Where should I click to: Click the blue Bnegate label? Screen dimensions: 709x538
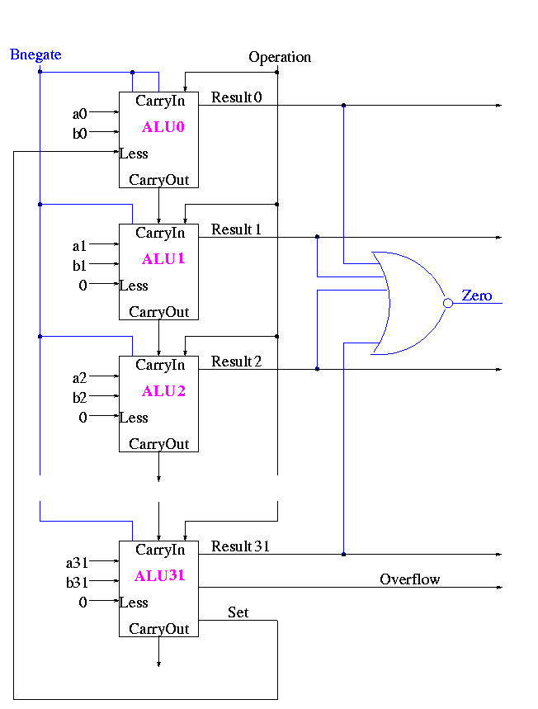[35, 55]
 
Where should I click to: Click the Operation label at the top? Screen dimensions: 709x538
[280, 57]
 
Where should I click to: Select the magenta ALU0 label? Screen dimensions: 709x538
[163, 127]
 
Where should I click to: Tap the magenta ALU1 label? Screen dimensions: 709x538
[163, 259]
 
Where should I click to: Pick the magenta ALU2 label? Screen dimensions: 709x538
[163, 391]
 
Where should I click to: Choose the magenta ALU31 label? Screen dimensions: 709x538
[160, 576]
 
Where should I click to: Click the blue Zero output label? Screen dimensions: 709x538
[477, 295]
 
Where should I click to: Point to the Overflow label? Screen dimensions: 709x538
[410, 579]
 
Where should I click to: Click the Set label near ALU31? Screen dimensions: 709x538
[238, 612]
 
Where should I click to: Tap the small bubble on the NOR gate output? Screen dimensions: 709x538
[448, 303]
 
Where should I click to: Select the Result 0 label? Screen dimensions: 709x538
[237, 98]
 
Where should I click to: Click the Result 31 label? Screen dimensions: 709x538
[241, 546]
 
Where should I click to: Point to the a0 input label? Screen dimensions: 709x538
[80, 114]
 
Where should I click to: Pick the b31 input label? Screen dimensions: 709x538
[77, 583]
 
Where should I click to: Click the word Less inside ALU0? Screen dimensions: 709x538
[134, 154]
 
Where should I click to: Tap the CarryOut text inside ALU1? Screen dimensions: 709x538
[159, 312]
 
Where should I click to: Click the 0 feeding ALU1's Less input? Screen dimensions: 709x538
[83, 286]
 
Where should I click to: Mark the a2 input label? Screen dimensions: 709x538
[80, 378]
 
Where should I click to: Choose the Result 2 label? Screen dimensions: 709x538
[237, 362]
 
